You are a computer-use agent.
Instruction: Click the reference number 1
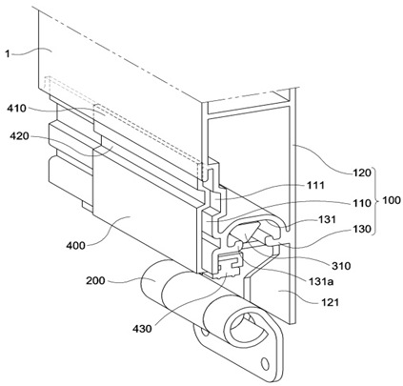coord(8,53)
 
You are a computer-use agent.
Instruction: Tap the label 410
coord(17,109)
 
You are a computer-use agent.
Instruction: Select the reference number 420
coord(19,136)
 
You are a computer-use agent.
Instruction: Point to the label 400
coord(75,245)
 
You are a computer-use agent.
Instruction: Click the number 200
coord(95,281)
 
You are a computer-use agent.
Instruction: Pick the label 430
coord(142,329)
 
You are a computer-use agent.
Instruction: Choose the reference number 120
coord(362,173)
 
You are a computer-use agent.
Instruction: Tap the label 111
coord(316,185)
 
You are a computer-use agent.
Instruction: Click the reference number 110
coord(362,203)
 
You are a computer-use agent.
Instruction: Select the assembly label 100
coord(392,200)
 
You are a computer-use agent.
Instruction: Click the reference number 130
coord(362,229)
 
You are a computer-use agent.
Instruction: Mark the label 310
coord(341,266)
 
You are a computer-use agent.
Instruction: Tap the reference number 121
coord(330,302)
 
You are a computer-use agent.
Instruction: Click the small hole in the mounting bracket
coord(264,362)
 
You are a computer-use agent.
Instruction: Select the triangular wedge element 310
coord(250,232)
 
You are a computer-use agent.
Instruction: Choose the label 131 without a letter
coord(328,219)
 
